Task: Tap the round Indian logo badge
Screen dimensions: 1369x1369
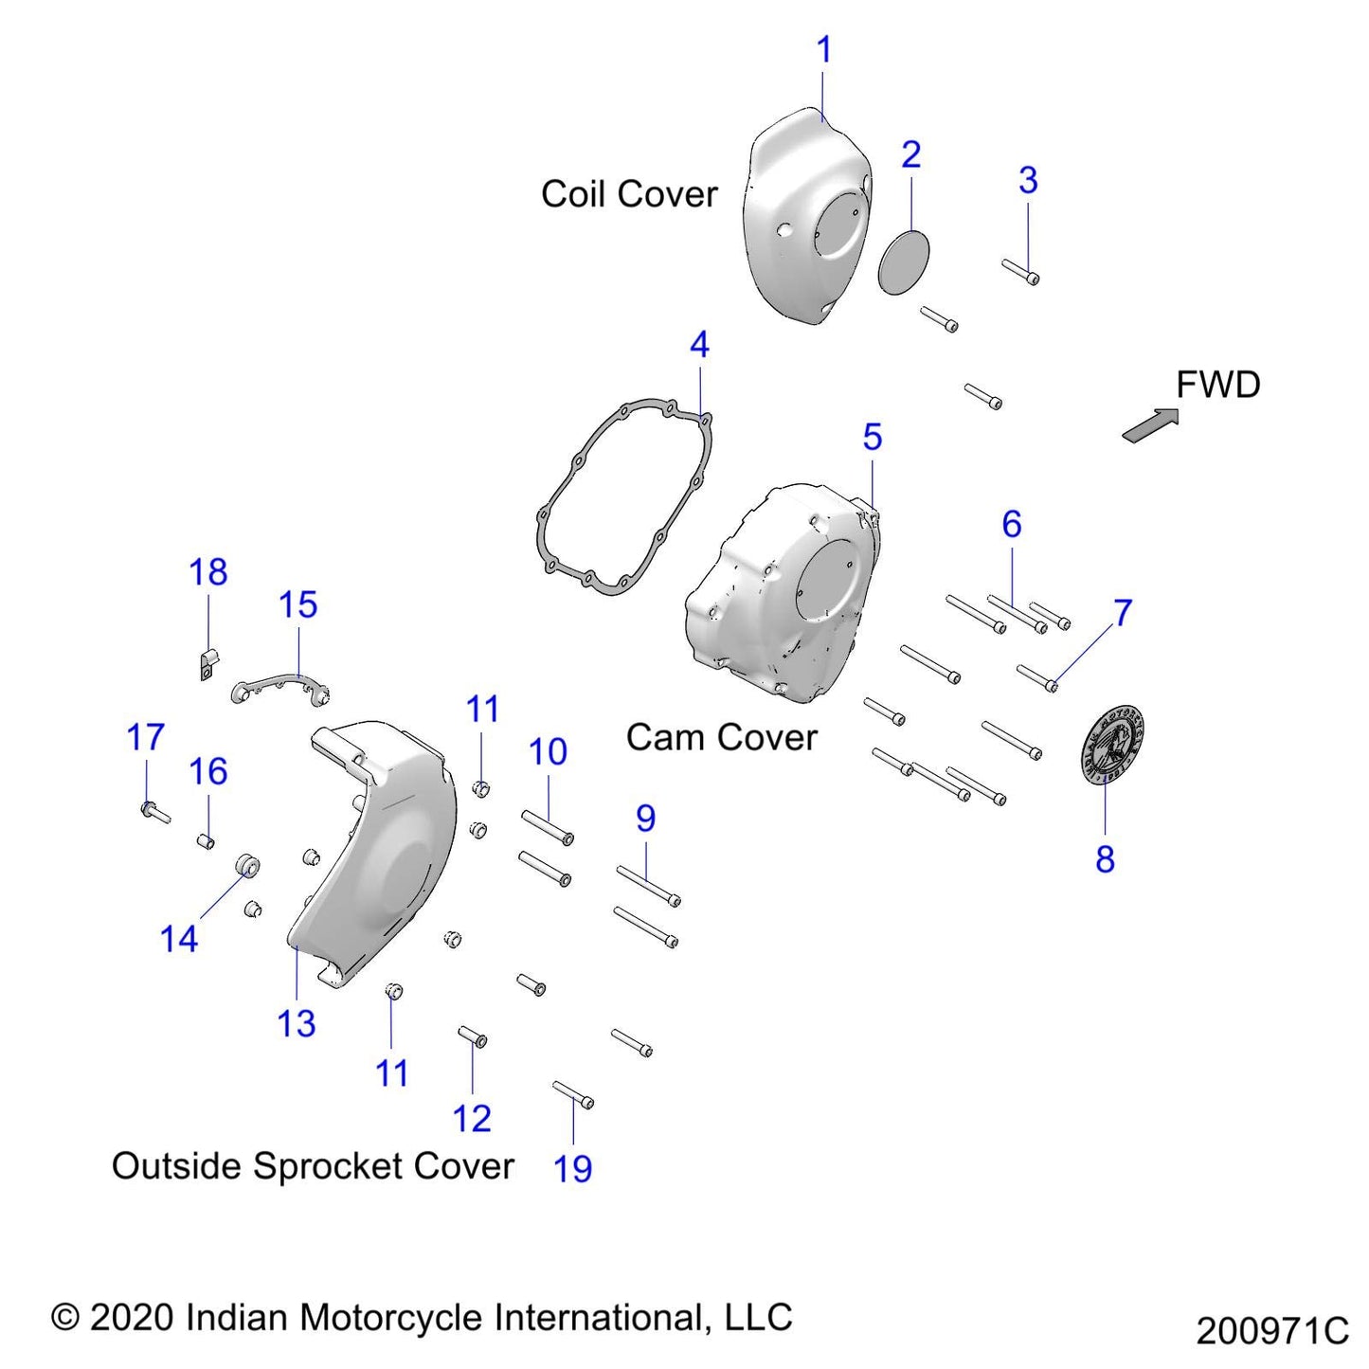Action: pyautogui.click(x=1112, y=744)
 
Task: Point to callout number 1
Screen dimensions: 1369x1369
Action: pyautogui.click(x=823, y=49)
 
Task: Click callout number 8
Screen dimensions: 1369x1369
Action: pyautogui.click(x=1105, y=859)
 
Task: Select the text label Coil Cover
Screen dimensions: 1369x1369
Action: pyautogui.click(x=629, y=194)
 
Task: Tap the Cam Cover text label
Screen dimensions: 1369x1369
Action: pyautogui.click(x=721, y=738)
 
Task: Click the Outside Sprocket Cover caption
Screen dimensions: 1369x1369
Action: pyautogui.click(x=313, y=1166)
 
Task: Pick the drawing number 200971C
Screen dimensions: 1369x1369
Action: pyautogui.click(x=1271, y=1331)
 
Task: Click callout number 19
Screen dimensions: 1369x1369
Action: pyautogui.click(x=572, y=1168)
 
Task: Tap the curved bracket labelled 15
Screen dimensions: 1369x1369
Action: pyautogui.click(x=279, y=684)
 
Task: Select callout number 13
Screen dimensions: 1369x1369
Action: pyautogui.click(x=296, y=1023)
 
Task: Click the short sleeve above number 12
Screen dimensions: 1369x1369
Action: pyautogui.click(x=473, y=1036)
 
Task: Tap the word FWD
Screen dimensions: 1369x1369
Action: pyautogui.click(x=1217, y=386)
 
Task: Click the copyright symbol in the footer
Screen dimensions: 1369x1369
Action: pyautogui.click(x=64, y=1318)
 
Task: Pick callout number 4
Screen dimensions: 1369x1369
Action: pyautogui.click(x=699, y=345)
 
